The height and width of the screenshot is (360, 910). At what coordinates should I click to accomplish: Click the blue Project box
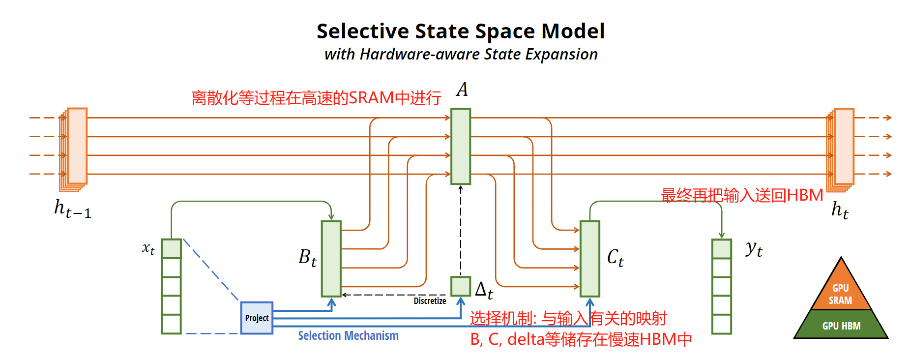pos(257,318)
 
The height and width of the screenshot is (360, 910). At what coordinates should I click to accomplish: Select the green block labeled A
pos(461,146)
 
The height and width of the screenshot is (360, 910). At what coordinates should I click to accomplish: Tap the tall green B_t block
pos(331,259)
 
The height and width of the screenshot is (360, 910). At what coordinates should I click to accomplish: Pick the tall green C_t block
pos(589,259)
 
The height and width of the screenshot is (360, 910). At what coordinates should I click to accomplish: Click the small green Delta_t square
pos(461,286)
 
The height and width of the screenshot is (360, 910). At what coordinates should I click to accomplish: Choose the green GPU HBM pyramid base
pos(841,325)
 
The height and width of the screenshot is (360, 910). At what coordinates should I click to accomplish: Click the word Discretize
pos(430,300)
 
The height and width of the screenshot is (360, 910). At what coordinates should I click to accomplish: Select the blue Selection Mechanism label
pos(348,336)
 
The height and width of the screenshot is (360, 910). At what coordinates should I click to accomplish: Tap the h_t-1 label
pos(72,209)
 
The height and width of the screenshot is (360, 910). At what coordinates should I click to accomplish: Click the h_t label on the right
pos(840,210)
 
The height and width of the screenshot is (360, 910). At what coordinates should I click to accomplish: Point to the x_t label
pos(148,248)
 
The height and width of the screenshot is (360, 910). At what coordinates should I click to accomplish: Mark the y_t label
pos(754,249)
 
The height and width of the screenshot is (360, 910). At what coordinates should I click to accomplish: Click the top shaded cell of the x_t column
pos(171,249)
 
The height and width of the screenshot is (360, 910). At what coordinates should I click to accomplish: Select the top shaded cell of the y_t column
pos(721,249)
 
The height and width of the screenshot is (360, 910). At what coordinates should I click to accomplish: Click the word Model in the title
pos(573,31)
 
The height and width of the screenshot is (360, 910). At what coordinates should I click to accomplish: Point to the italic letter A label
pos(462,90)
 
